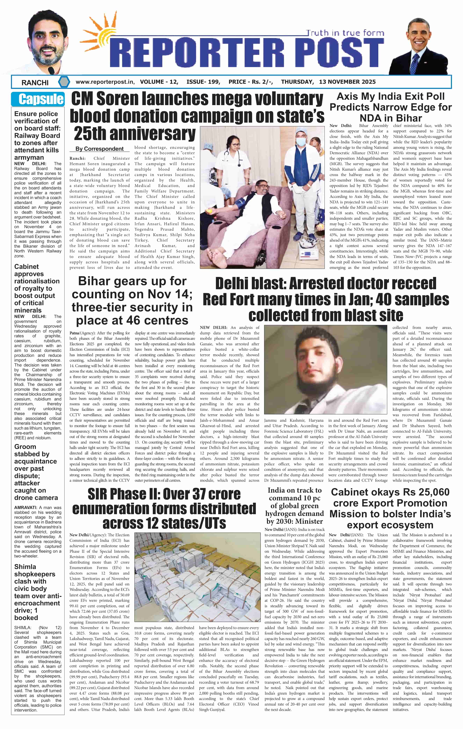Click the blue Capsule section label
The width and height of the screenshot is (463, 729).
click(38, 99)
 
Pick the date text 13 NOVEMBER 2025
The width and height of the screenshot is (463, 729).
click(347, 82)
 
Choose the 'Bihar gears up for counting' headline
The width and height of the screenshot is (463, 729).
click(132, 301)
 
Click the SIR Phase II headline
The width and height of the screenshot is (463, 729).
click(164, 509)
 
